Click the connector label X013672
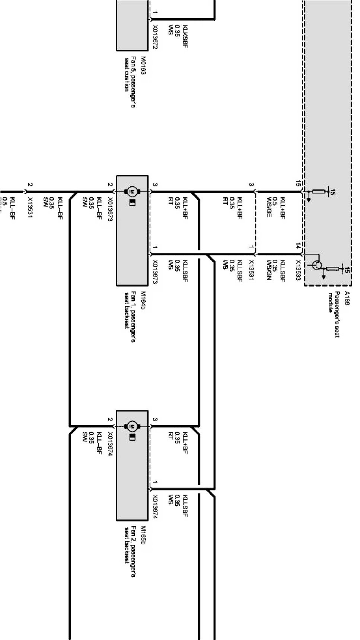[x=155, y=37]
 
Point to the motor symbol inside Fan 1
[x=132, y=192]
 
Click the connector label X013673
[x=155, y=272]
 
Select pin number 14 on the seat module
[x=298, y=246]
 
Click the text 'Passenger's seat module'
[x=334, y=314]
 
